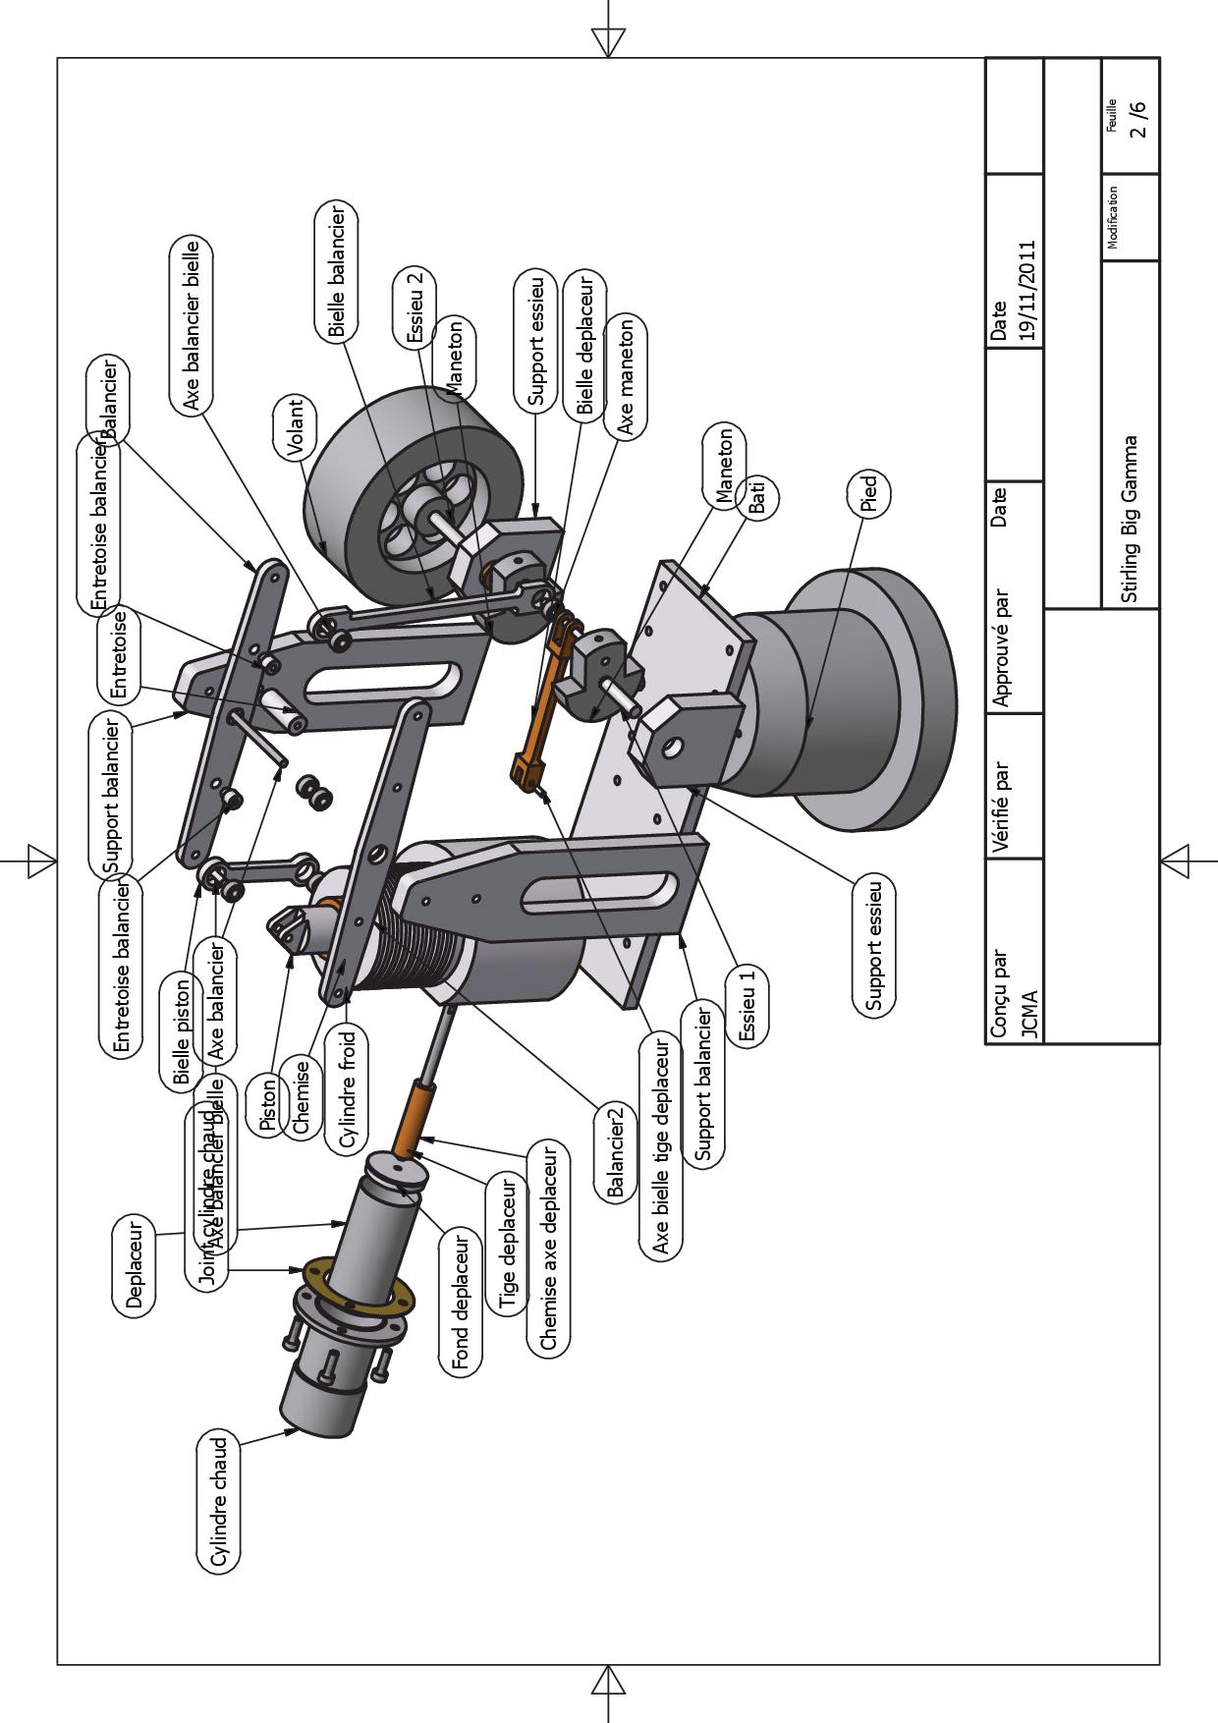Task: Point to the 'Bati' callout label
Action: pyautogui.click(x=757, y=498)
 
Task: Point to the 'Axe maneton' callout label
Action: pyautogui.click(x=626, y=377)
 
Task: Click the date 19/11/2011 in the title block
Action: pyautogui.click(x=1026, y=290)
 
